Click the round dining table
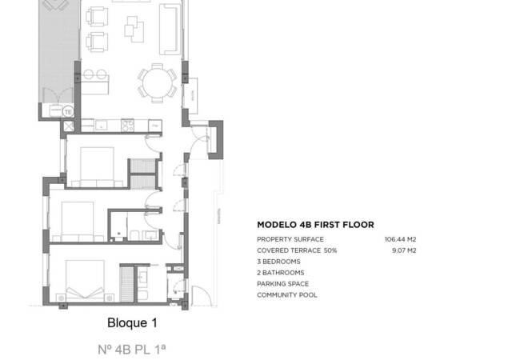157,80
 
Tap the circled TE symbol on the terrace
68,111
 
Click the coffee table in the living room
130,30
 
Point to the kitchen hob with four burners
126,125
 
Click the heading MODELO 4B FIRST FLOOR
315,226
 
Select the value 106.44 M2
401,239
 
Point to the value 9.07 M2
403,250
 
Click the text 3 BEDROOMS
278,262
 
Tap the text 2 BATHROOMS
280,273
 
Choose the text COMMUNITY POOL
286,295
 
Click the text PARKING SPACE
282,284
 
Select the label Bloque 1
132,324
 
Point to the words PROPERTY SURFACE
290,239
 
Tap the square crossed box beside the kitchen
69,126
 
